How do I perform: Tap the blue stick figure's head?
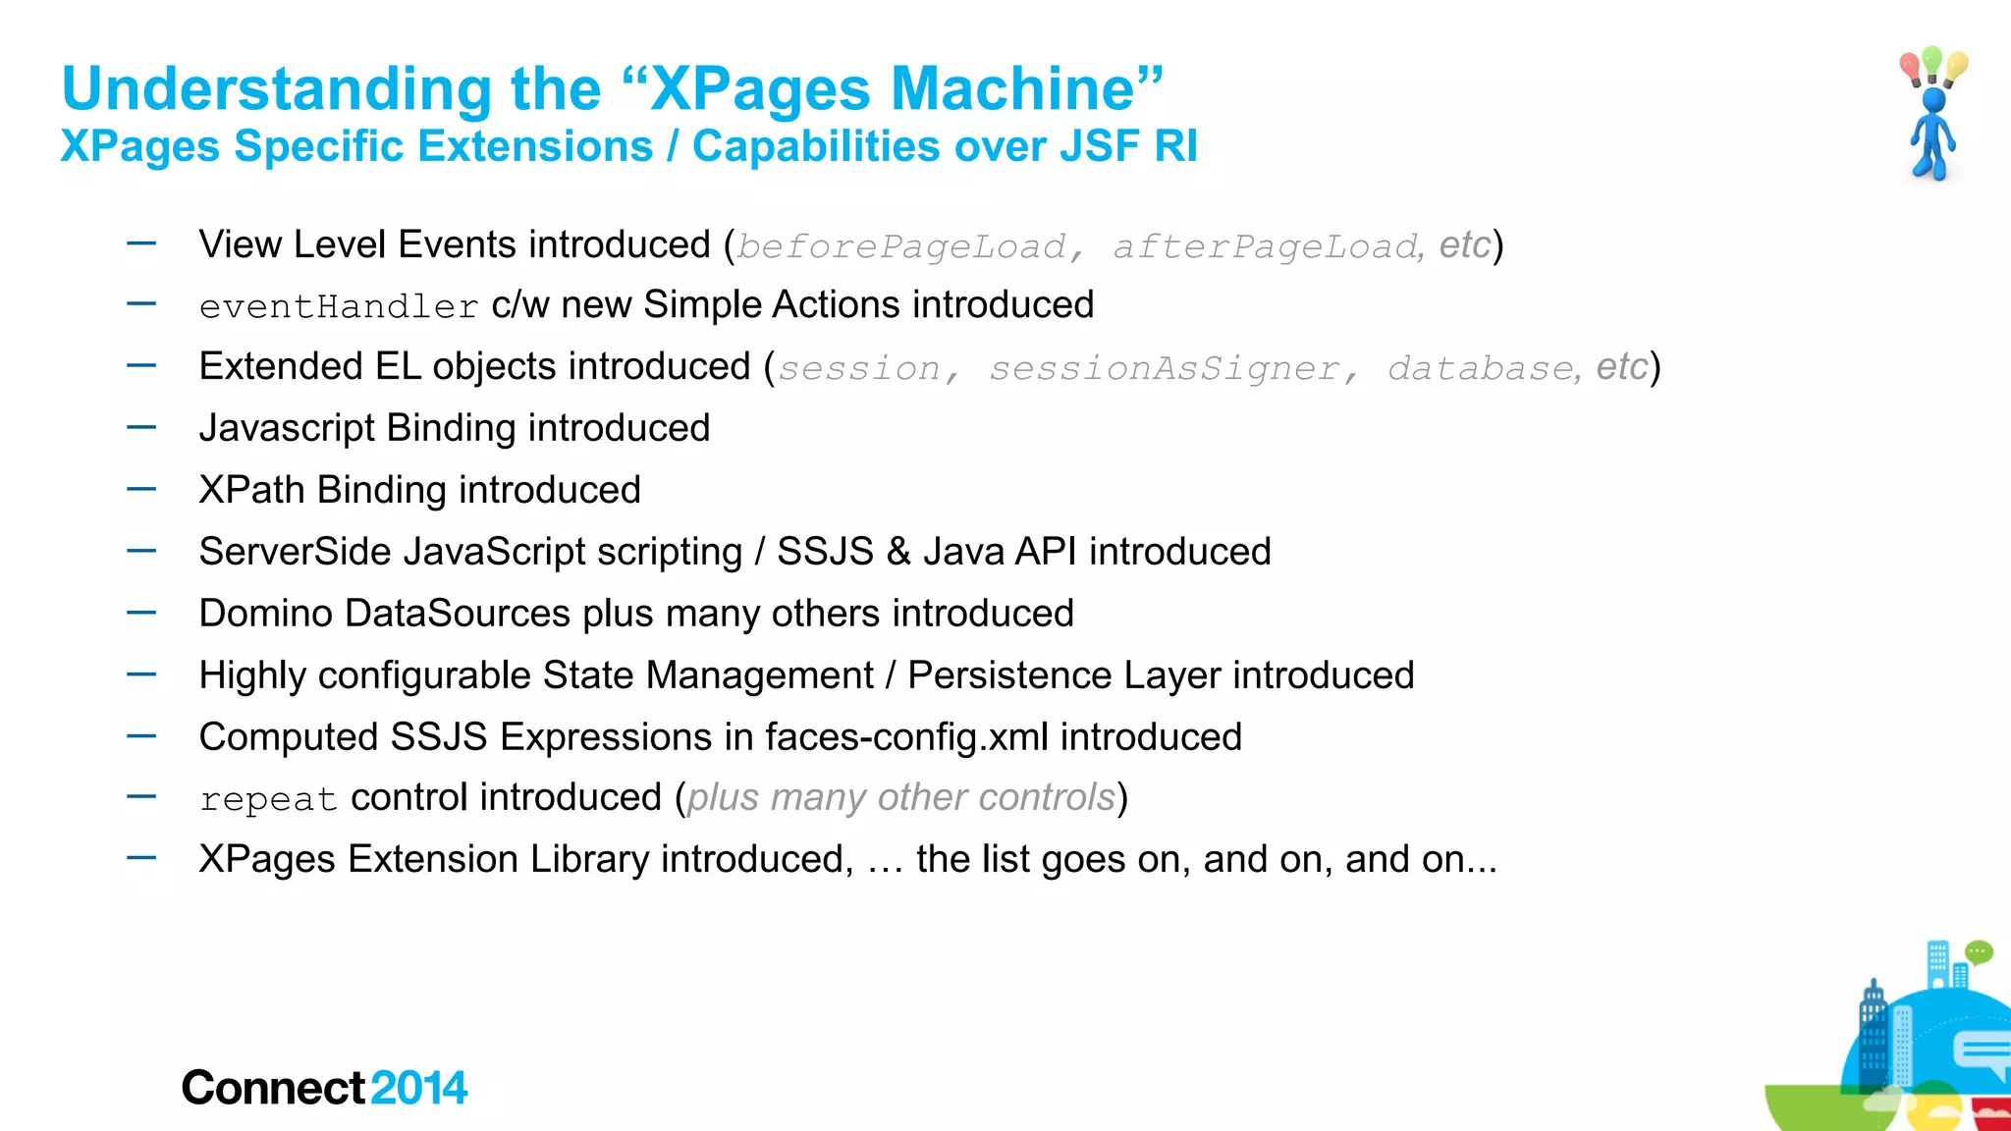point(1933,100)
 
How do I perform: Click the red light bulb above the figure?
point(1910,68)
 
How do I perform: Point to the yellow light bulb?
point(1957,66)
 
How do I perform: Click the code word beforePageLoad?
point(900,246)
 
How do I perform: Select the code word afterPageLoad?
point(1265,246)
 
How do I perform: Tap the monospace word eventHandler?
point(339,307)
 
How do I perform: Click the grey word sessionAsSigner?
point(1164,369)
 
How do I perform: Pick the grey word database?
point(1481,369)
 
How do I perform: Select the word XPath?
point(251,490)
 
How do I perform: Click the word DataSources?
point(458,614)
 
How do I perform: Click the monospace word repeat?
point(268,800)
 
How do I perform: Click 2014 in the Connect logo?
point(419,1088)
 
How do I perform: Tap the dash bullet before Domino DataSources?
point(141,613)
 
